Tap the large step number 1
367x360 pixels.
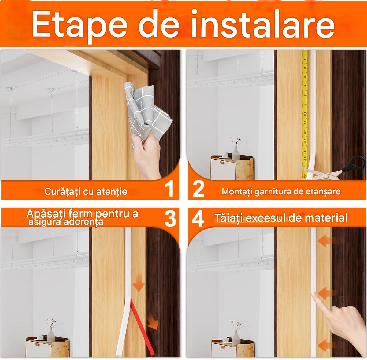pos(169,189)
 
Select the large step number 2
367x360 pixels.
pos(198,189)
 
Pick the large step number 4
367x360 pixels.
pos(198,219)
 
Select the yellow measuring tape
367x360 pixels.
pos(305,114)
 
